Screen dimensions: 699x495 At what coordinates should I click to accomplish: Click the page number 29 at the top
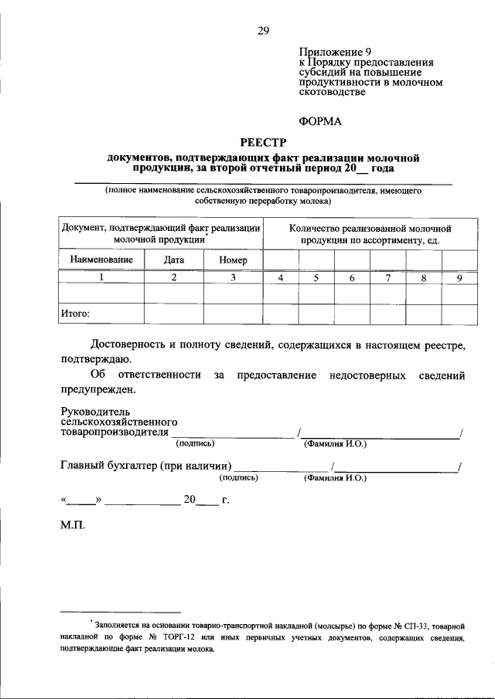coord(263,31)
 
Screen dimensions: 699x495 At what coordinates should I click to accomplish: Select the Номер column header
coord(233,260)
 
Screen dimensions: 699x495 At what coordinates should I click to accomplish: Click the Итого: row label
coord(75,314)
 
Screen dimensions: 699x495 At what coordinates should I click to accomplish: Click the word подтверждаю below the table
coord(96,359)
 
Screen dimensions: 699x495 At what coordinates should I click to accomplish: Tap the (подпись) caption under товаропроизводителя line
coord(196,443)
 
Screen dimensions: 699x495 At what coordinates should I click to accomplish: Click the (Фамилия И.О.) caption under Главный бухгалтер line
coord(335,478)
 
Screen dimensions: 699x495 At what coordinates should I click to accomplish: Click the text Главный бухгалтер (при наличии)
coord(145,466)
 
